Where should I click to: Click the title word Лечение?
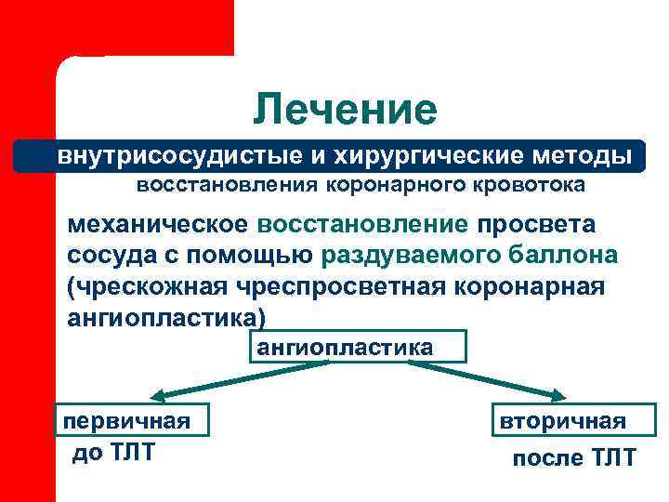pos(345,110)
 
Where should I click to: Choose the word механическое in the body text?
pos(158,226)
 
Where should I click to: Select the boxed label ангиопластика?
pos(356,348)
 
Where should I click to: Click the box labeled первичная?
pos(130,420)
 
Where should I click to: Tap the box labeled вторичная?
pos(575,420)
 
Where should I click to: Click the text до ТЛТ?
pos(114,453)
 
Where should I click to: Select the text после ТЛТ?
pos(574,458)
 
